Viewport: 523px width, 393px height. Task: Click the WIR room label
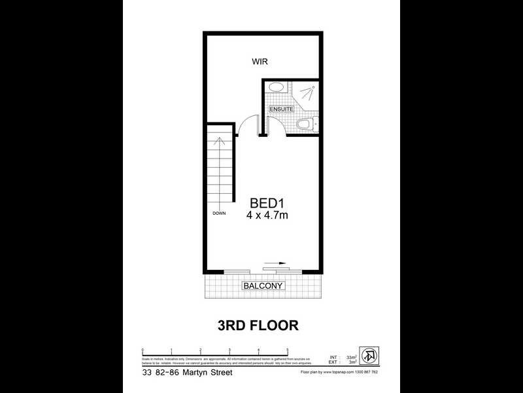pyautogui.click(x=261, y=62)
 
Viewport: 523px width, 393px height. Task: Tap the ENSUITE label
pyautogui.click(x=280, y=109)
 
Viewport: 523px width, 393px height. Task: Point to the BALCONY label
pyautogui.click(x=263, y=286)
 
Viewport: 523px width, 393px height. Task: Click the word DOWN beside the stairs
pyautogui.click(x=218, y=214)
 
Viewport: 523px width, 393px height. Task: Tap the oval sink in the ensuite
pyautogui.click(x=277, y=87)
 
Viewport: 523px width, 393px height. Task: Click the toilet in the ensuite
pyautogui.click(x=304, y=124)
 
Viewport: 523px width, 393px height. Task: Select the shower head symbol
pyautogui.click(x=312, y=88)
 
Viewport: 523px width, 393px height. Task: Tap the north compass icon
pyautogui.click(x=370, y=356)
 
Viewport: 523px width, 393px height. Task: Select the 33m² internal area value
pyautogui.click(x=351, y=356)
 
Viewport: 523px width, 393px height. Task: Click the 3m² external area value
pyautogui.click(x=352, y=362)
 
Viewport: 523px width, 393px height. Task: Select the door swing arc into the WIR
pyautogui.click(x=245, y=122)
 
